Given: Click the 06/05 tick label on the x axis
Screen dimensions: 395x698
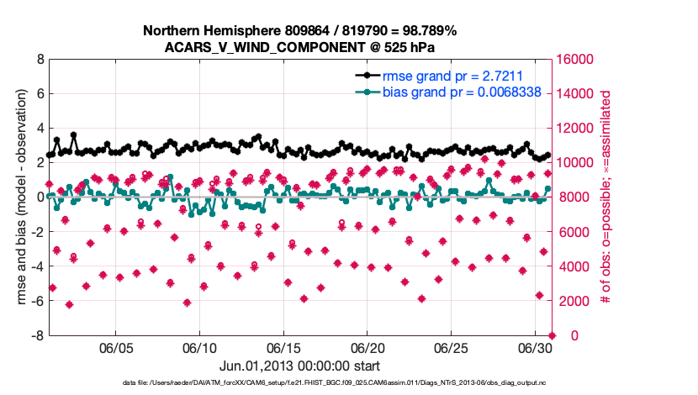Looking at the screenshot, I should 117,347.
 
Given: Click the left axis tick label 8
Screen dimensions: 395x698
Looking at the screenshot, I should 40,60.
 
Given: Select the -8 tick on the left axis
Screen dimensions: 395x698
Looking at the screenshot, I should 38,336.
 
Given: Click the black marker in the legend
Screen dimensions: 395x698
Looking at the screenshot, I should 367,76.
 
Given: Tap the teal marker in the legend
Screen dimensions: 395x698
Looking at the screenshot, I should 367,92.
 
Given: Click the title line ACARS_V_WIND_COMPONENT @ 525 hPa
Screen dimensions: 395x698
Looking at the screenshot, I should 300,47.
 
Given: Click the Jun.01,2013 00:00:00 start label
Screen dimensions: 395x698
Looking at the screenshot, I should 300,366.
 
